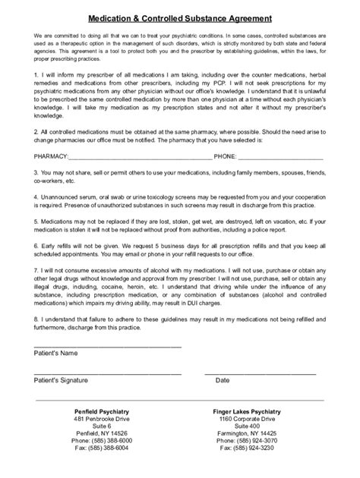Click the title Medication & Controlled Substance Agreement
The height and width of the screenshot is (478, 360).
point(180,16)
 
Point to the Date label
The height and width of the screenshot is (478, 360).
point(223,379)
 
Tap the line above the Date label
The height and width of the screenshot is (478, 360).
point(263,373)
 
